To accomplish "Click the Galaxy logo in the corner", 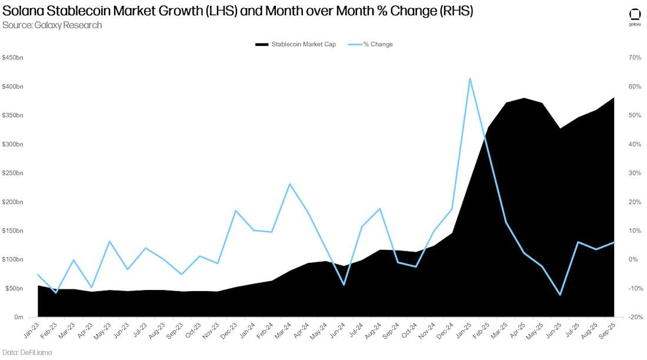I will [635, 17].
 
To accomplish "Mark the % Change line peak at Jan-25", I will [469, 78].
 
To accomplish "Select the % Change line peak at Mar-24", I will [289, 184].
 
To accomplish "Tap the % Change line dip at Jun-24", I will [343, 285].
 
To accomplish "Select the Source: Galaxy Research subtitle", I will [52, 25].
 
